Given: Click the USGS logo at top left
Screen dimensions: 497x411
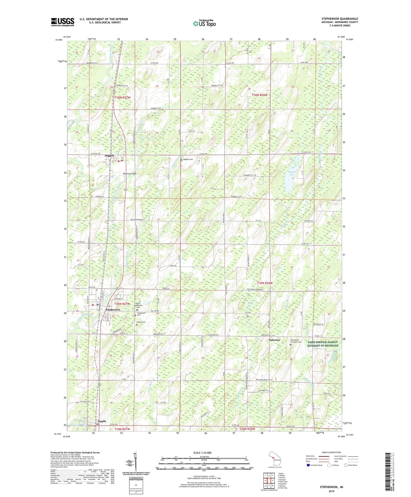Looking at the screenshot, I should coord(63,22).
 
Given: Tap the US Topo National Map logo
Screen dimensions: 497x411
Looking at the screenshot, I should coord(204,23).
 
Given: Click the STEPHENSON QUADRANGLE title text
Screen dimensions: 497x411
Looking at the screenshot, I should coord(340,19).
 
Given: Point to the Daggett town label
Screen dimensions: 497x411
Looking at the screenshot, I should coord(109,156).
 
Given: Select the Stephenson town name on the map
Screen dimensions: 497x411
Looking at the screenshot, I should coord(113,309).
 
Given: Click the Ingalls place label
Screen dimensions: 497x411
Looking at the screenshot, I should coord(102,421).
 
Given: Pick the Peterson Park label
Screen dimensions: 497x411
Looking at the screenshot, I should coord(130,173).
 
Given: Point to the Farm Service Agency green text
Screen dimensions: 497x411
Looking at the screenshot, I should coord(323,344).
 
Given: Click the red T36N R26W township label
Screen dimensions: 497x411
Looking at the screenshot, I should coord(259,95).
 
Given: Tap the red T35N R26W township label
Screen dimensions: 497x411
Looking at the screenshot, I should coord(265,283).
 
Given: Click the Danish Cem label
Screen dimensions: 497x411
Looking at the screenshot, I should coord(141,322).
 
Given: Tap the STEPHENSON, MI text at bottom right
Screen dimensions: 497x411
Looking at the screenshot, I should coord(331,487).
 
